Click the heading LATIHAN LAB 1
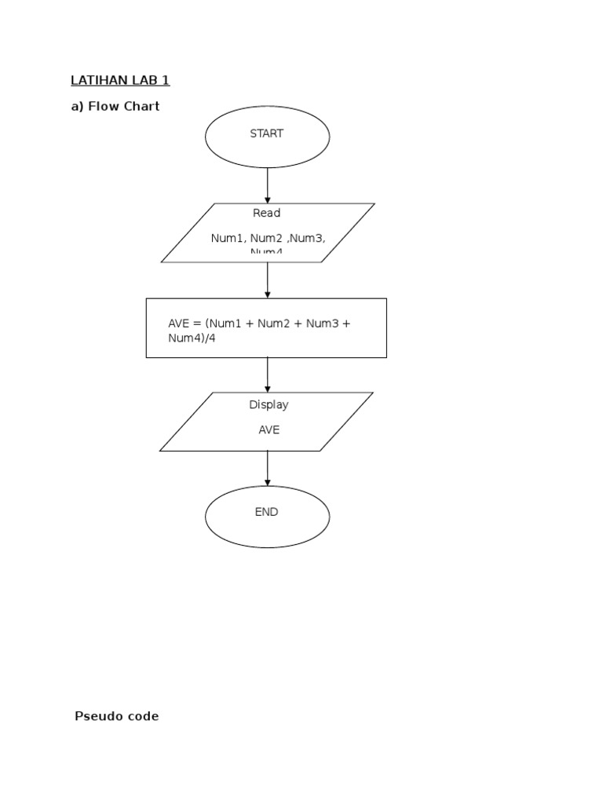point(120,80)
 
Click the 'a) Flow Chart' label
point(115,106)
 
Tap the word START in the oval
point(266,133)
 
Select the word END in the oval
point(266,512)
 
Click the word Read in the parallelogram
point(266,213)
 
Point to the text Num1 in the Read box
point(226,238)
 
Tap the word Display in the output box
point(269,405)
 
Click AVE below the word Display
point(269,430)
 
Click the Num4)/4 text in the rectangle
point(191,338)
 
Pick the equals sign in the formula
point(198,323)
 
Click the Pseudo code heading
point(116,716)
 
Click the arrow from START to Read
point(267,185)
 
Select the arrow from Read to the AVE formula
point(267,280)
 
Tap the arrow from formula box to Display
point(267,375)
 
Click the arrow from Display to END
point(267,468)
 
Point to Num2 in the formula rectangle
point(274,323)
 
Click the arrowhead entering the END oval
point(267,482)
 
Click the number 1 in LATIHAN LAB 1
point(166,80)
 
